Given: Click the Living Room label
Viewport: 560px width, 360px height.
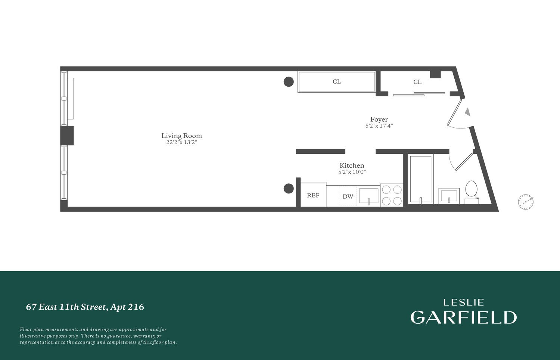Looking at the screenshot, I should point(181,136).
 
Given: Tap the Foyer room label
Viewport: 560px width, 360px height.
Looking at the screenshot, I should point(379,120).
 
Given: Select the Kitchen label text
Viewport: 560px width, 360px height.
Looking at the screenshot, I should point(352,165).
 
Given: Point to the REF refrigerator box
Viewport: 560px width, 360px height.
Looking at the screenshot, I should point(313,195).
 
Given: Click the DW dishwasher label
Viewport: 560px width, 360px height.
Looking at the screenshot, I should point(348,196).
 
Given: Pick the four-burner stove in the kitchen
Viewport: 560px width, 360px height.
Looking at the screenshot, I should point(392,195).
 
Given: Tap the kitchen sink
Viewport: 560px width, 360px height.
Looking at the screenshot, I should point(369,196).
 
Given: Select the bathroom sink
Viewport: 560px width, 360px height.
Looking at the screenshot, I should point(449,196).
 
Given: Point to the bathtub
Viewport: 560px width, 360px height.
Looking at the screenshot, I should point(421,179).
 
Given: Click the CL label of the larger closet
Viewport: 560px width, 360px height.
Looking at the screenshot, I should point(337,81).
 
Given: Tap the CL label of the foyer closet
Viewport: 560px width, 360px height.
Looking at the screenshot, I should point(417,82).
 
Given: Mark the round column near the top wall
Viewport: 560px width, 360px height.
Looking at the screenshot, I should point(289,81).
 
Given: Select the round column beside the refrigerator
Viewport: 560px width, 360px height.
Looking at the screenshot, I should point(289,189).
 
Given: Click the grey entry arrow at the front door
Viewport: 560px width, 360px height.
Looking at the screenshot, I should point(467,112).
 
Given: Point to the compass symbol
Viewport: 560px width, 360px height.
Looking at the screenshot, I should point(526,202).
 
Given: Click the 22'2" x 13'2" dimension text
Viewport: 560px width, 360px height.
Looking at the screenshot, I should point(181,142).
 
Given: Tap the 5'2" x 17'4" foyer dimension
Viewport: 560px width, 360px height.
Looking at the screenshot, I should point(379,126).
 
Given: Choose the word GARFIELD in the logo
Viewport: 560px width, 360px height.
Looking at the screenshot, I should point(463,317).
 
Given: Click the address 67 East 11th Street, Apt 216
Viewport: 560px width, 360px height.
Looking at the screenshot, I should point(85,307).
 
